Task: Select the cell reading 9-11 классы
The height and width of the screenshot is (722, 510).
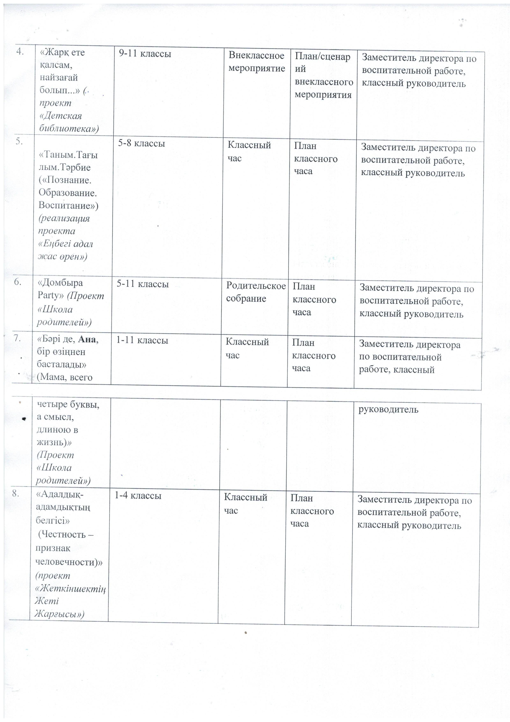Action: (x=145, y=54)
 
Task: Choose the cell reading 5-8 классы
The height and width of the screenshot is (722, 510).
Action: (x=141, y=143)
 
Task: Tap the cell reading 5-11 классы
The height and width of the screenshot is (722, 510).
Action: (x=143, y=284)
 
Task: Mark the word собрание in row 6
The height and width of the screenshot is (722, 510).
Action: (x=246, y=298)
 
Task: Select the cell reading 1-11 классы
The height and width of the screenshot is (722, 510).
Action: (x=142, y=340)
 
